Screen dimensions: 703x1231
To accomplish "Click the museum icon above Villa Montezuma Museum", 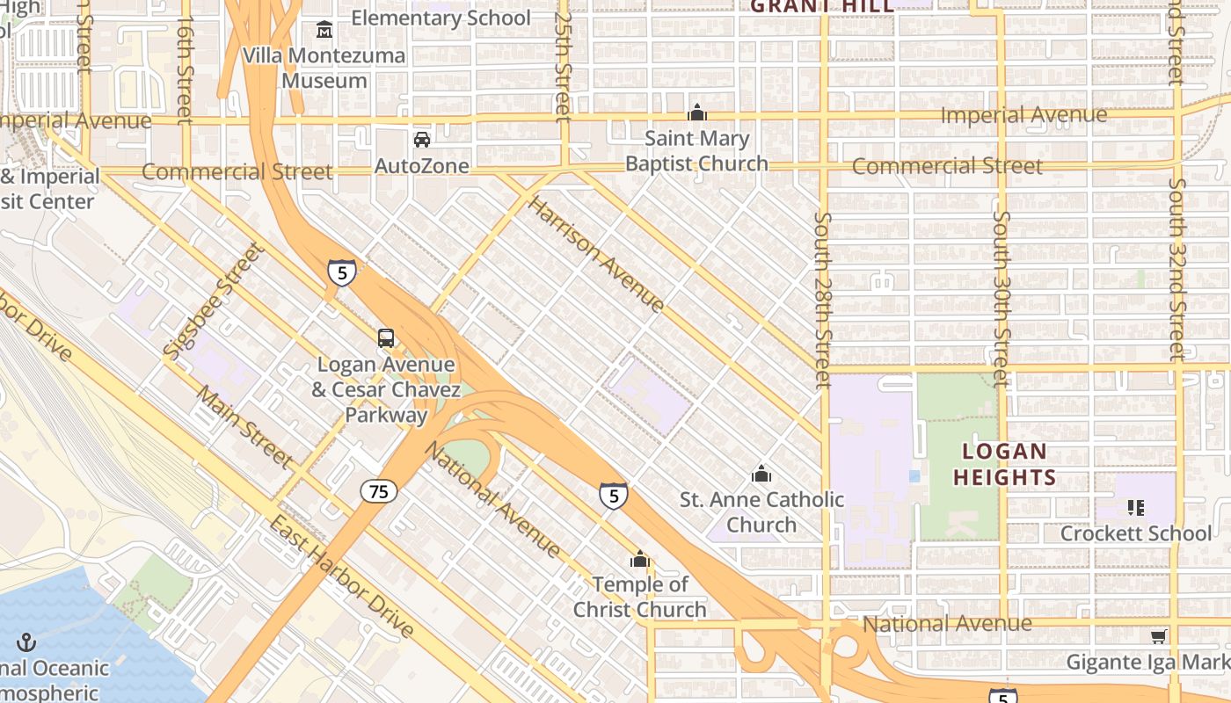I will [324, 31].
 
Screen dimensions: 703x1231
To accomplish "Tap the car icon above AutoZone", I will [422, 140].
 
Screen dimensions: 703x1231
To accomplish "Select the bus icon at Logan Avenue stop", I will [385, 337].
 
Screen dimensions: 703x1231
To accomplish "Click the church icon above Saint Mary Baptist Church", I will [697, 112].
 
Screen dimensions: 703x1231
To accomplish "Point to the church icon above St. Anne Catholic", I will [761, 475].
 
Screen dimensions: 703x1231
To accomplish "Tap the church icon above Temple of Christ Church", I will [640, 560].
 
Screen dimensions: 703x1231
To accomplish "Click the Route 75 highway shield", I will [378, 491].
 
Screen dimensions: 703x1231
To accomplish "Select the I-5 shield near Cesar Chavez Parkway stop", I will [342, 272].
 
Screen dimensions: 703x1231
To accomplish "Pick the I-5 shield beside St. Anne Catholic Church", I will [614, 496].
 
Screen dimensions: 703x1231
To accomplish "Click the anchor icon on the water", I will [25, 642].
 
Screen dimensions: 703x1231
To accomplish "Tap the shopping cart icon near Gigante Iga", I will [1159, 636].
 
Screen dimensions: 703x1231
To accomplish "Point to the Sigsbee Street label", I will [213, 300].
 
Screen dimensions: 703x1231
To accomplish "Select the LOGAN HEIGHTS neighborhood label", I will [1004, 465].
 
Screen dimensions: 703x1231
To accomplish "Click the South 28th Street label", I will [823, 300].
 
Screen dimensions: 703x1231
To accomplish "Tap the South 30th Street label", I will [1001, 299].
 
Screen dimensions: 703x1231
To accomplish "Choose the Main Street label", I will [244, 426].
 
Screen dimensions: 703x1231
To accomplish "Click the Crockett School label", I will [1135, 533].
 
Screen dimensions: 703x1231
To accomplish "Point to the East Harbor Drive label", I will [340, 576].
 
